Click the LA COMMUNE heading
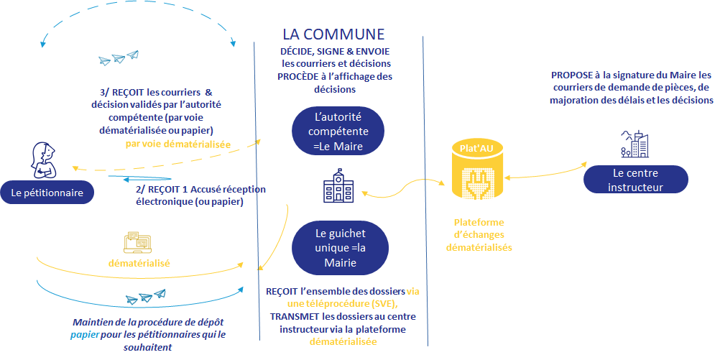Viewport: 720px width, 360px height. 333,34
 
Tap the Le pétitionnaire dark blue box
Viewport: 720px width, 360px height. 47,192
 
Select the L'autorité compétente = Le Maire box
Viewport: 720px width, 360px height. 338,131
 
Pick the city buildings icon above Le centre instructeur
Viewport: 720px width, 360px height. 634,144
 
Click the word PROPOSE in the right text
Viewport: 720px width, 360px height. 574,75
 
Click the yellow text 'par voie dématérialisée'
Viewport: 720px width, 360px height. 177,144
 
